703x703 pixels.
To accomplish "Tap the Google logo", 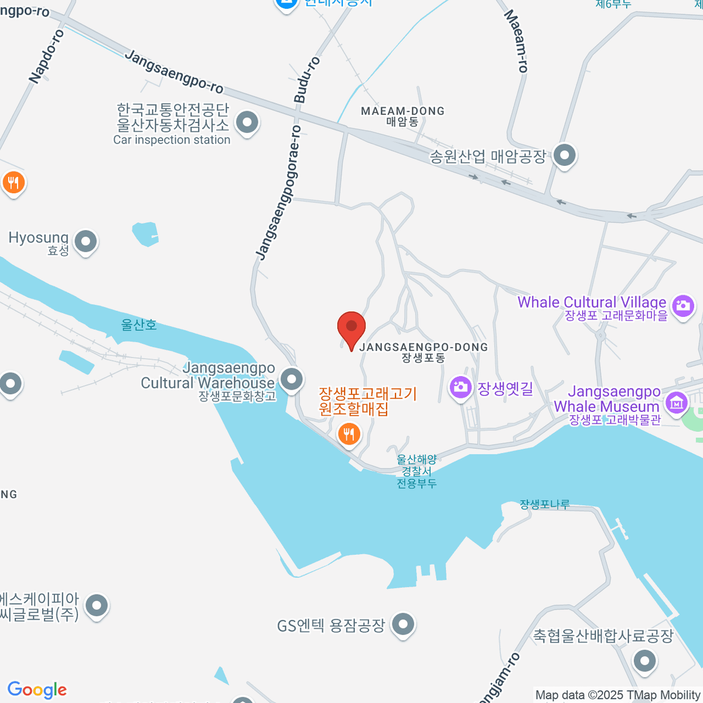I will (x=37, y=690).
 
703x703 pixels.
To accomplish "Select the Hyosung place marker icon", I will (x=86, y=241).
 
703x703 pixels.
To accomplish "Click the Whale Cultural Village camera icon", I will (x=683, y=305).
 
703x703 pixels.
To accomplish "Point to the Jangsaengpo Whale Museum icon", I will (x=677, y=402).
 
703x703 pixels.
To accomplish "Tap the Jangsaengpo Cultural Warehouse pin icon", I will (x=292, y=378).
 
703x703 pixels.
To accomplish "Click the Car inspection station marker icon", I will (x=247, y=123).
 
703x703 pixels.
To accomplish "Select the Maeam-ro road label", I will (x=516, y=41).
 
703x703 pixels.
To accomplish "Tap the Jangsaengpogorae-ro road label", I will (x=279, y=192).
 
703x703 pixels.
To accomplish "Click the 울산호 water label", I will (x=139, y=325).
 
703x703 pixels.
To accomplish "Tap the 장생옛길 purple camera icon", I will (x=460, y=387).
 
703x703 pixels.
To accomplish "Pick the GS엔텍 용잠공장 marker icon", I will (x=403, y=624).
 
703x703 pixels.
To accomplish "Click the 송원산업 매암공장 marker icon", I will (x=565, y=156).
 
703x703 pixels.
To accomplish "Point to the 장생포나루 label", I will (x=544, y=504).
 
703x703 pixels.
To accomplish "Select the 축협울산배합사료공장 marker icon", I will (x=645, y=660).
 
